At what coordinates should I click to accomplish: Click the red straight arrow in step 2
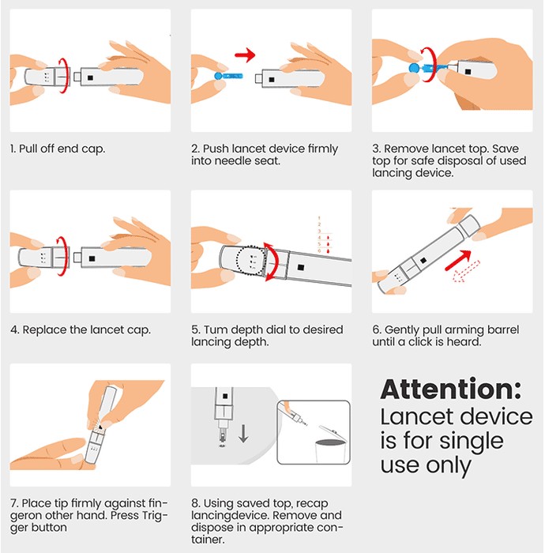(245, 55)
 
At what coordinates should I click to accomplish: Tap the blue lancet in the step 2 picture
(228, 76)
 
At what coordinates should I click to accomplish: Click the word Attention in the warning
(450, 389)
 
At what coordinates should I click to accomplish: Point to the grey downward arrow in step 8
(243, 434)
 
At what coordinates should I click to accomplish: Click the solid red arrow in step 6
(458, 260)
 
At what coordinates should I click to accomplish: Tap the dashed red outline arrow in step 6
(466, 272)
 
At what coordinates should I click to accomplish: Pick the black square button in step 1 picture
(90, 77)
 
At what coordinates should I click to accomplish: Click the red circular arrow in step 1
(63, 76)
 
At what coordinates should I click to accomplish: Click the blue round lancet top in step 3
(414, 67)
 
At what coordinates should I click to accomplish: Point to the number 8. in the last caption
(196, 503)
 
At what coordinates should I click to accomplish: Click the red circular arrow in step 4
(63, 257)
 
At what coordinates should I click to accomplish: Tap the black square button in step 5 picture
(301, 267)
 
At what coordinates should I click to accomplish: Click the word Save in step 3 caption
(506, 149)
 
